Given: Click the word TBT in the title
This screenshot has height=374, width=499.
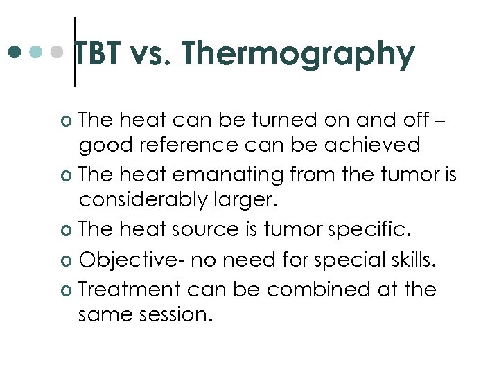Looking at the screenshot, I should coord(96,54).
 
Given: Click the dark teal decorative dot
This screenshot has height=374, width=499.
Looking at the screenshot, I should coord(15,52).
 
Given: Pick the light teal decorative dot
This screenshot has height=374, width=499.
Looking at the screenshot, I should coord(36,52).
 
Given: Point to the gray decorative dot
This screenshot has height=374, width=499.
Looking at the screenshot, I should coord(58,52).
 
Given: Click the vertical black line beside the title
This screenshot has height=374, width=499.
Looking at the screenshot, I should coord(75,52).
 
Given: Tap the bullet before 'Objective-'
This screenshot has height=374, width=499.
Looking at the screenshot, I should coord(67,260).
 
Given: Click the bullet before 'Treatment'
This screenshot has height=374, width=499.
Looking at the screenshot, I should coord(67,290).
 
